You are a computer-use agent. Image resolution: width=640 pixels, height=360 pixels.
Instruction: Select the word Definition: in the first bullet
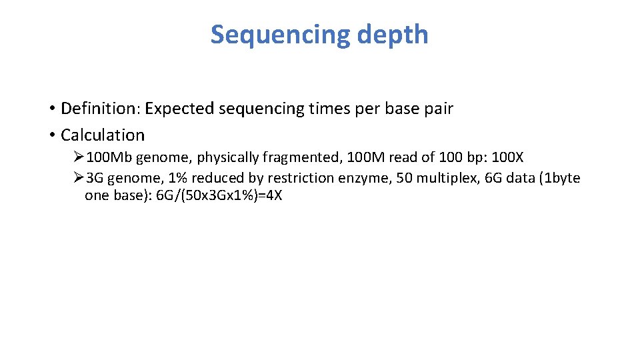(100, 109)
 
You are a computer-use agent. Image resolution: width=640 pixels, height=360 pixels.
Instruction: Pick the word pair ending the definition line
(439, 109)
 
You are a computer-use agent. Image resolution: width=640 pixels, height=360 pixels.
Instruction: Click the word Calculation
(102, 135)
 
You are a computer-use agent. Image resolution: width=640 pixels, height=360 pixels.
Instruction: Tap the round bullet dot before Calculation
(51, 135)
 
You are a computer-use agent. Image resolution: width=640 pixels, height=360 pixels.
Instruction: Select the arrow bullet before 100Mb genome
(78, 157)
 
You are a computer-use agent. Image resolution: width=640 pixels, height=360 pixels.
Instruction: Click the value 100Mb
(109, 157)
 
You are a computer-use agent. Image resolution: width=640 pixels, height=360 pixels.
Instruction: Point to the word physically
(227, 157)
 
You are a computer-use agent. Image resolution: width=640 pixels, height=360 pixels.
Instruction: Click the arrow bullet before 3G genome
(78, 178)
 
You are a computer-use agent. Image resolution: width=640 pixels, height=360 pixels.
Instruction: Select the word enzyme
(369, 178)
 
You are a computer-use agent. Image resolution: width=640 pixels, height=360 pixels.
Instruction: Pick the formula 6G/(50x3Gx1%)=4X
(219, 197)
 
